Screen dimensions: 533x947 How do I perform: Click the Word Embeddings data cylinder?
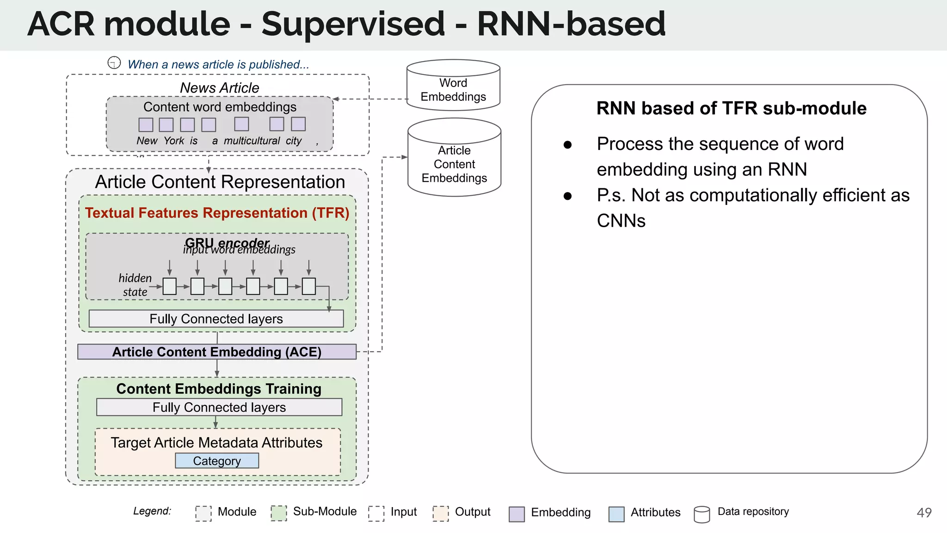[x=453, y=86]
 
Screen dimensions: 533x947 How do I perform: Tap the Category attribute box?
[x=217, y=461]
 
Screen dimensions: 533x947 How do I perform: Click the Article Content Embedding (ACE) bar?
[x=217, y=352]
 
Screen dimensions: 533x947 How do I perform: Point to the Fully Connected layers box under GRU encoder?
[x=216, y=319]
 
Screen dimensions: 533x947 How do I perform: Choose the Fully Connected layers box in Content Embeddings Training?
[x=219, y=407]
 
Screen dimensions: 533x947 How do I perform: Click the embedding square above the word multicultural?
[x=241, y=124]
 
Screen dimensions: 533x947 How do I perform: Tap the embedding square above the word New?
[x=146, y=124]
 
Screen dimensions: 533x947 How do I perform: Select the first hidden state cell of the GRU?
[x=170, y=286]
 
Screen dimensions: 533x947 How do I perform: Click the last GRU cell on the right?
[x=308, y=286]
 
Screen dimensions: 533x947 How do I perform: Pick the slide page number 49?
[x=924, y=513]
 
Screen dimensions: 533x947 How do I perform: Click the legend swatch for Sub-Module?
[x=279, y=513]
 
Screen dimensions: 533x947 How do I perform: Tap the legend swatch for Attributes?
[x=616, y=514]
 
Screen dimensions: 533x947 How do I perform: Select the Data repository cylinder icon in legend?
[x=701, y=514]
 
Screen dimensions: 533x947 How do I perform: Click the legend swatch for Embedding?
[x=517, y=514]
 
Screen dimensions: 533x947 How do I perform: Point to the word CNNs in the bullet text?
[x=621, y=221]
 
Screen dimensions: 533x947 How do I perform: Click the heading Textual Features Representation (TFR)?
[x=217, y=213]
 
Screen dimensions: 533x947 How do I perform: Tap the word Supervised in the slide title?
[x=353, y=24]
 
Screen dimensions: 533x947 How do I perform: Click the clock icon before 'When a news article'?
[x=114, y=62]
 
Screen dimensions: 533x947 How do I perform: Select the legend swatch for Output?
[x=441, y=513]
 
